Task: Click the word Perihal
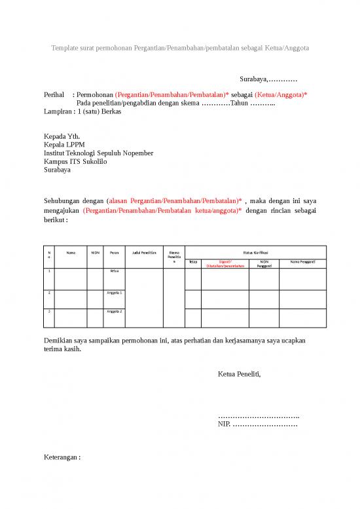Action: (x=54, y=95)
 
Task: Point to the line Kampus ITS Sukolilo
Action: (x=75, y=161)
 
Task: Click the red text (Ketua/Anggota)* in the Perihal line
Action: (x=286, y=95)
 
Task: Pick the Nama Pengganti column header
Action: (x=302, y=262)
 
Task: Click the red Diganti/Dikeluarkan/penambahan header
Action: (x=225, y=264)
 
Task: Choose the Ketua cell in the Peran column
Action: (x=115, y=271)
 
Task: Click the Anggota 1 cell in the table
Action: (x=115, y=292)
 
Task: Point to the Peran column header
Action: (x=114, y=252)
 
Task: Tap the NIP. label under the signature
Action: (x=224, y=424)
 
